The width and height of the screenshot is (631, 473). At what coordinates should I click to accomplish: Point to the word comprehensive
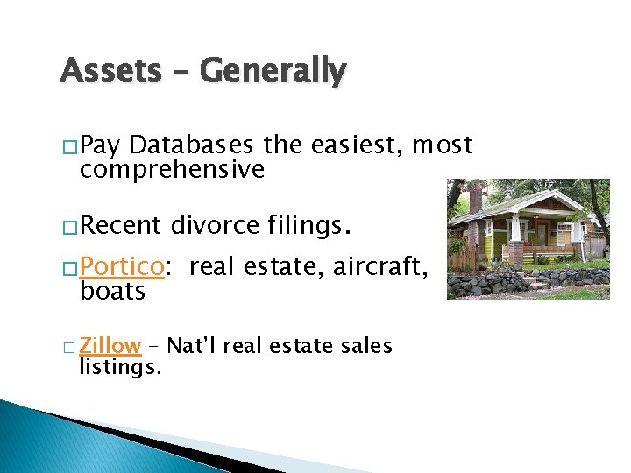click(x=172, y=169)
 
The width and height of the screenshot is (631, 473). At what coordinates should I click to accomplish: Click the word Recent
click(x=121, y=227)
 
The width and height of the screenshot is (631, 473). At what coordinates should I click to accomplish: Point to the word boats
click(x=112, y=291)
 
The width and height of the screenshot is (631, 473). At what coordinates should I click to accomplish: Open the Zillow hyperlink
click(x=110, y=346)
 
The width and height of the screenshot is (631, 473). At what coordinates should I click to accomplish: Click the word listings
click(x=120, y=367)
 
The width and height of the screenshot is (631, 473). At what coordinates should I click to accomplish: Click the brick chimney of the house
click(x=476, y=200)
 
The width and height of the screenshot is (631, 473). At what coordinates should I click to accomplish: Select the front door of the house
click(x=543, y=235)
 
